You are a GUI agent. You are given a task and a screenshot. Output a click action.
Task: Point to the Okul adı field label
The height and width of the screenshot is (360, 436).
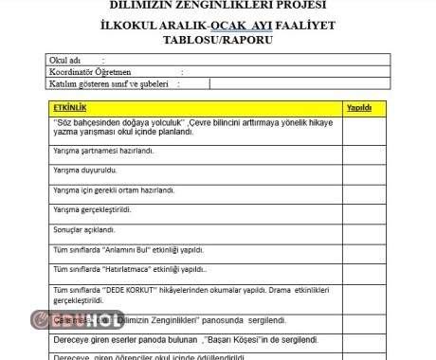tap(64, 60)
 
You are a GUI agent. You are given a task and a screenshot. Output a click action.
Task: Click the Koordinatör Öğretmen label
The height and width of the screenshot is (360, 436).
tap(90, 71)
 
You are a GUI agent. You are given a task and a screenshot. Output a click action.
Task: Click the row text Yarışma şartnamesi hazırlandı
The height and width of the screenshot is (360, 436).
tap(103, 151)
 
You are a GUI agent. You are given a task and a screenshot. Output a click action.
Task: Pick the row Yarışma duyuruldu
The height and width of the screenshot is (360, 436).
tap(85, 171)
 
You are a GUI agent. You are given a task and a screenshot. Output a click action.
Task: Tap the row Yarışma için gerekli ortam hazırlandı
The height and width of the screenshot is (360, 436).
tap(114, 190)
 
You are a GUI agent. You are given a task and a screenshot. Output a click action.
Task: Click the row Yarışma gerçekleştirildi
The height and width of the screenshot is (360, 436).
tap(92, 209)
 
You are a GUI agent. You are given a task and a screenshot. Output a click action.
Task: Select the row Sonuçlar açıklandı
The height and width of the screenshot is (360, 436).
tap(85, 229)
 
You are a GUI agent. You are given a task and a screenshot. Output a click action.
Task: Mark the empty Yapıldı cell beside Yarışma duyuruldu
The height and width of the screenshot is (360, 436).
tap(365, 171)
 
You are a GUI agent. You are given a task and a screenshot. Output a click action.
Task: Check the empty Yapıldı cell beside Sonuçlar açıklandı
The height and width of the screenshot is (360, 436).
tap(365, 229)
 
